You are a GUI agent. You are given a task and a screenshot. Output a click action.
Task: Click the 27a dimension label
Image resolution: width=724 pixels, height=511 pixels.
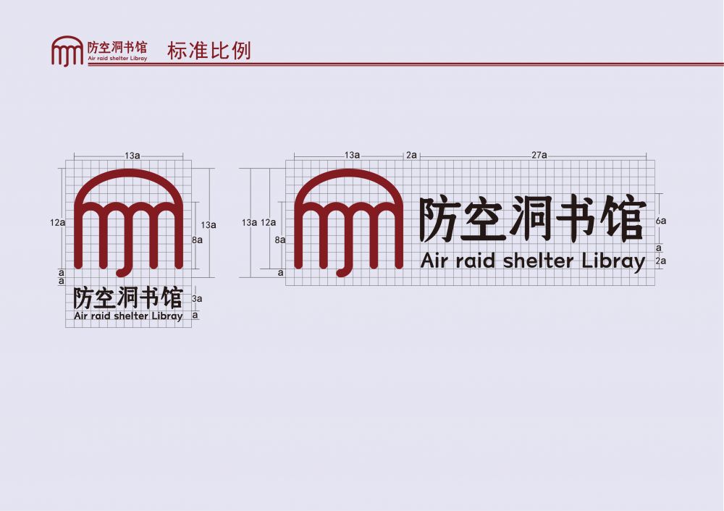tap(539, 155)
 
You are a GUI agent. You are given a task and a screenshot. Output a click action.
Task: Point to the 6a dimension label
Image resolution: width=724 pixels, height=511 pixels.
tap(661, 221)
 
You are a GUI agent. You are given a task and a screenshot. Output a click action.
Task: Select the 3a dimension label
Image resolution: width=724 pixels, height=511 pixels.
tap(197, 299)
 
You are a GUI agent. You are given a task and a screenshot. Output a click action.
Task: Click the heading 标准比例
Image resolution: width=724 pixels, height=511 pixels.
tap(209, 51)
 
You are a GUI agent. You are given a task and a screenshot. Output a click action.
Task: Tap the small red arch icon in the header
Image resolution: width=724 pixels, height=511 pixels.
tap(67, 51)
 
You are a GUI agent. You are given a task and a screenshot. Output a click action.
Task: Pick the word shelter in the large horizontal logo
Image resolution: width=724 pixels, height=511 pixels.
tap(538, 261)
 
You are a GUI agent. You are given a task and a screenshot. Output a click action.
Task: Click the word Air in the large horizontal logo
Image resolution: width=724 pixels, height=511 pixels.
tap(434, 261)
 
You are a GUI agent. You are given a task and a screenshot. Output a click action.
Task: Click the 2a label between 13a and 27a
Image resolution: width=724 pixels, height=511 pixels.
tap(411, 155)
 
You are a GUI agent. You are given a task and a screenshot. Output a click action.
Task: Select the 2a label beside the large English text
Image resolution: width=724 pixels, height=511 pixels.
tap(661, 261)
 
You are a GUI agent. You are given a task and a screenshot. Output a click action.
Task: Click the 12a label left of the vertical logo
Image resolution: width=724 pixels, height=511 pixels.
tap(58, 222)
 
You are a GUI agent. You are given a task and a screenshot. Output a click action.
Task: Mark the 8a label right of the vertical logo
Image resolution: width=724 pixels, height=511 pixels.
tap(197, 240)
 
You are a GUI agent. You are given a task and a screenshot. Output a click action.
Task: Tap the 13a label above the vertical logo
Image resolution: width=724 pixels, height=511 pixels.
tap(132, 156)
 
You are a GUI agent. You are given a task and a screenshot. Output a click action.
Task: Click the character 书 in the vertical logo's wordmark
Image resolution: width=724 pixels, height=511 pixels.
tap(149, 297)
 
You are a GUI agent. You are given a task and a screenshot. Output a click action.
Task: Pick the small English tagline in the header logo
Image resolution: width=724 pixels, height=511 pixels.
tap(117, 59)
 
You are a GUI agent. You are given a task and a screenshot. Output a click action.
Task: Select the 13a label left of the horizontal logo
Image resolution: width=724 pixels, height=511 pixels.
tap(249, 222)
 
